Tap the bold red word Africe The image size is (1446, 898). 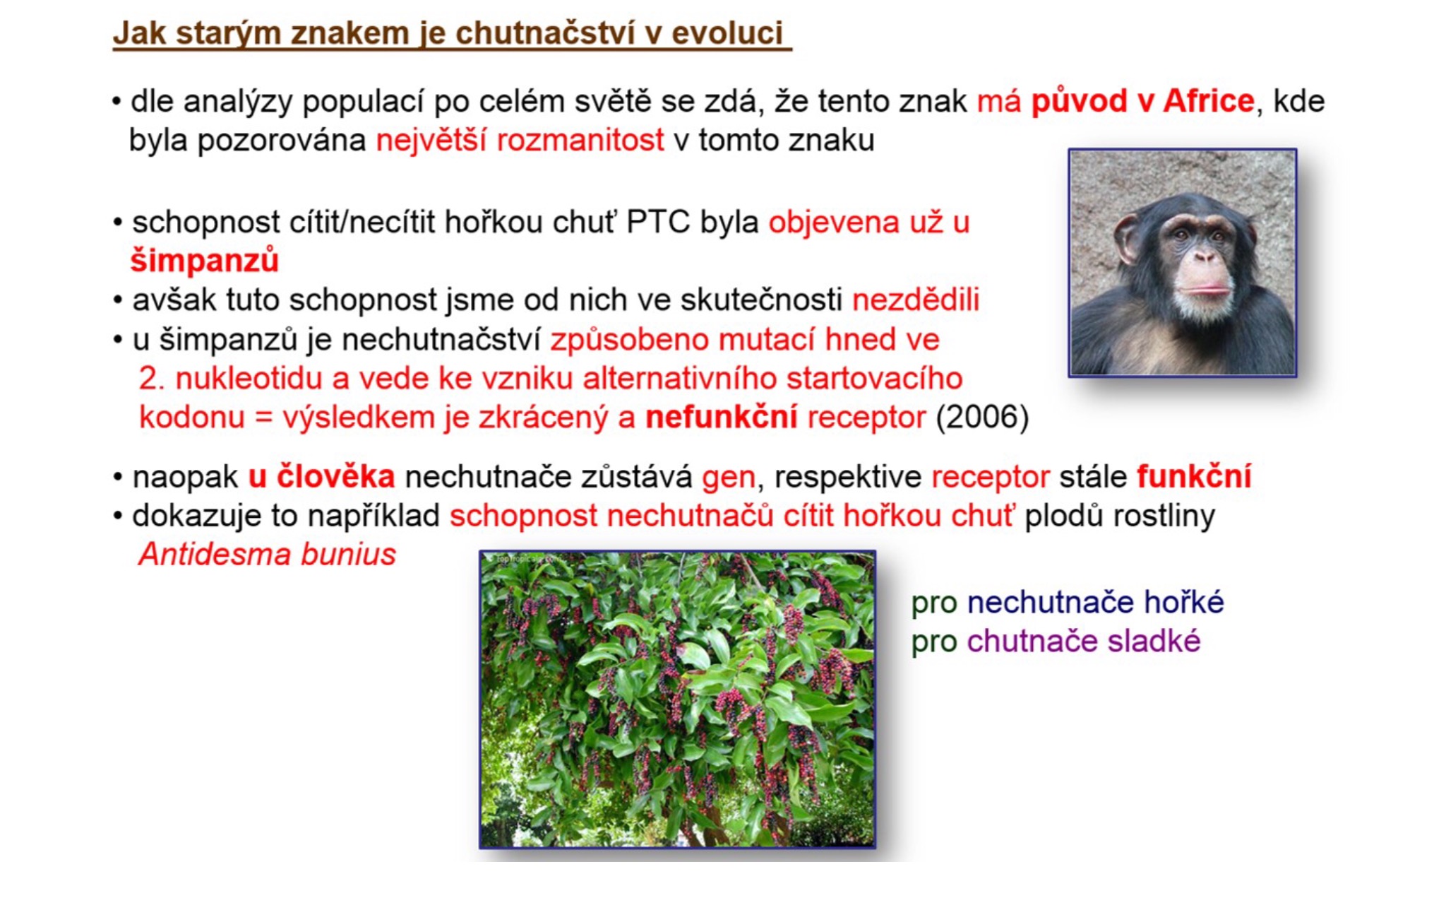click(1208, 101)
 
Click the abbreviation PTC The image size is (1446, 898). click(657, 223)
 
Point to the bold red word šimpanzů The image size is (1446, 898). click(205, 261)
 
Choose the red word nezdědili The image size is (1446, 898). click(916, 300)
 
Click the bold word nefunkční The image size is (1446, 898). click(721, 417)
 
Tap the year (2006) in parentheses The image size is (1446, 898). click(982, 417)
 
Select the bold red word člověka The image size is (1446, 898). click(335, 476)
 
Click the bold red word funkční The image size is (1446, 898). click(1194, 476)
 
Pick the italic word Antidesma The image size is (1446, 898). click(215, 554)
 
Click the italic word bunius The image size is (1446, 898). click(349, 554)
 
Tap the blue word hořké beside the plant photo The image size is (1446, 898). click(1184, 602)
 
